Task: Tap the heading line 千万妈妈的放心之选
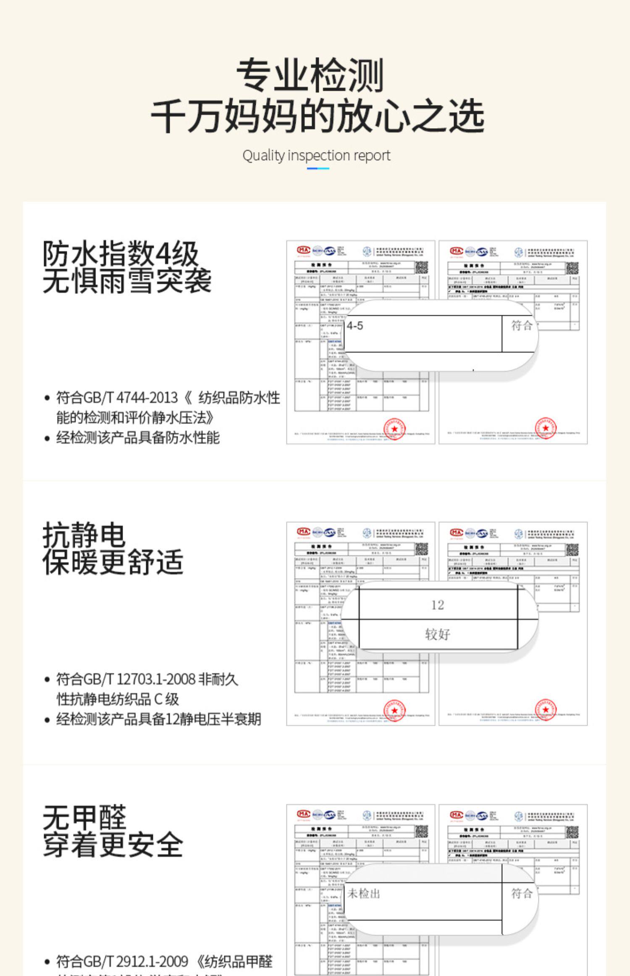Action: point(317,116)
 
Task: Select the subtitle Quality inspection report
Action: point(316,156)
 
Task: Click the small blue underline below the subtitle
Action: point(318,169)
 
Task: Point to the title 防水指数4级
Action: point(120,253)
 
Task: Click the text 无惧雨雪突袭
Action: point(127,281)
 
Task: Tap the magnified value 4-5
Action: point(355,326)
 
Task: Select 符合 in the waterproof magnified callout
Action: point(521,325)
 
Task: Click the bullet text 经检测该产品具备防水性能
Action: point(138,438)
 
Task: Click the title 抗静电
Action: point(84,535)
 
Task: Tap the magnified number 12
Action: point(437,605)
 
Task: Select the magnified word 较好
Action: point(437,634)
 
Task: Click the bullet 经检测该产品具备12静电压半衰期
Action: point(158,719)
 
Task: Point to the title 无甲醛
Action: point(84,817)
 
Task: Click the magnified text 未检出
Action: point(363,893)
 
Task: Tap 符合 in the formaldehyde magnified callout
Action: point(521,893)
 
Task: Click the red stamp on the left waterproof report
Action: point(394,428)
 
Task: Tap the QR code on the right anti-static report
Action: point(572,549)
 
